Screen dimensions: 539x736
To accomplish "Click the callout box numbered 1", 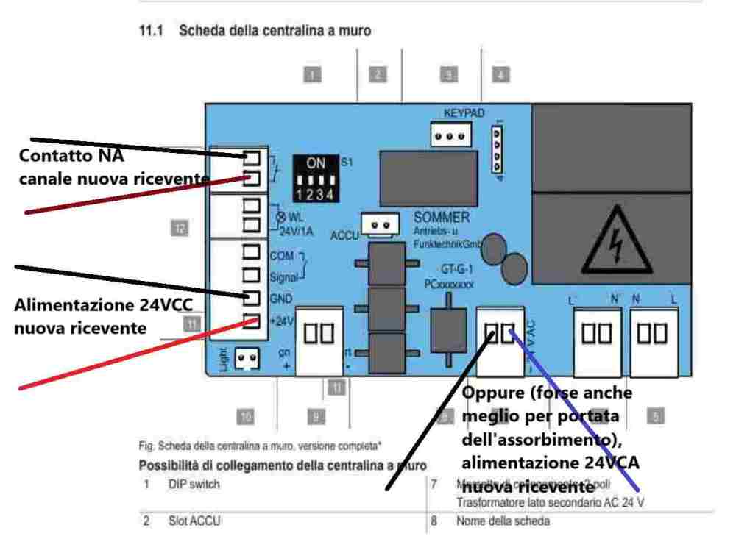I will (314, 74).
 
